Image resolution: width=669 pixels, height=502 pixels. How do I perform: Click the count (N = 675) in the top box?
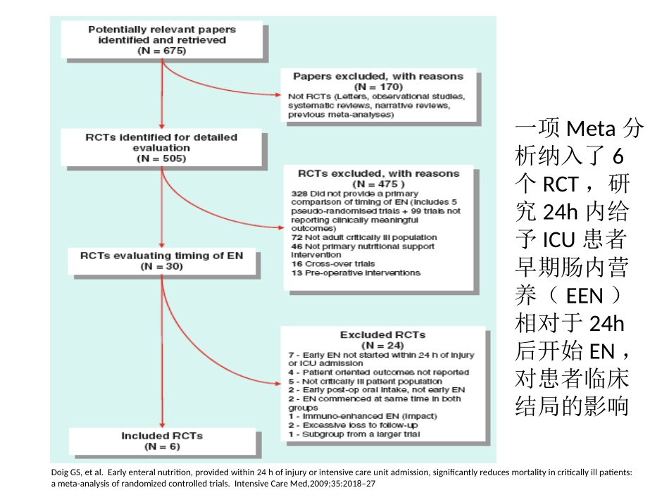[162, 51]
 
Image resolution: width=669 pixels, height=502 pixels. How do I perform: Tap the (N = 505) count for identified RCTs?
[162, 159]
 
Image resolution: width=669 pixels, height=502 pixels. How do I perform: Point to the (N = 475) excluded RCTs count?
[378, 183]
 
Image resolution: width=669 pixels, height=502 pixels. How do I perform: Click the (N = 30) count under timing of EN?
[162, 267]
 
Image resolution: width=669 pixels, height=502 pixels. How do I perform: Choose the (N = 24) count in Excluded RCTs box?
[382, 345]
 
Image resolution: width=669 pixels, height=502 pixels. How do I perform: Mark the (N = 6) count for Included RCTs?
[162, 446]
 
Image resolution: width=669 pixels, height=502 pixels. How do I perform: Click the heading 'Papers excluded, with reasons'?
[378, 76]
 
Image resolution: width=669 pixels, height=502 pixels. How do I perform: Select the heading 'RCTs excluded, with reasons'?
[378, 173]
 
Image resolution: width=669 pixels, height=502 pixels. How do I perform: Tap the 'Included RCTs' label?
[162, 436]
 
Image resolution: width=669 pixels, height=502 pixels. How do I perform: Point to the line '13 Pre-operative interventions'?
[356, 272]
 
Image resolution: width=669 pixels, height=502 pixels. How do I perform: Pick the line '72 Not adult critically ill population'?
[364, 237]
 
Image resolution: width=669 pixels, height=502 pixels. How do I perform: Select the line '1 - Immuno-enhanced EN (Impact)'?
[363, 416]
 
